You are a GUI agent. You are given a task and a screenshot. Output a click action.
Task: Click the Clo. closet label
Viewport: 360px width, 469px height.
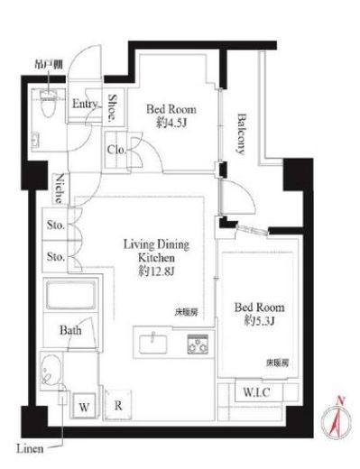click(x=115, y=151)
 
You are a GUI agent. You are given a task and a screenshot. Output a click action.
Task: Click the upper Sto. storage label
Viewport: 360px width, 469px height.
click(x=56, y=226)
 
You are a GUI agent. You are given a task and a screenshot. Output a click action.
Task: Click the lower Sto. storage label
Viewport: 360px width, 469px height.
click(x=56, y=257)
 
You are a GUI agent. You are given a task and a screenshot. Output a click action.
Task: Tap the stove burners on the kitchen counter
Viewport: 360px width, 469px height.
click(x=197, y=343)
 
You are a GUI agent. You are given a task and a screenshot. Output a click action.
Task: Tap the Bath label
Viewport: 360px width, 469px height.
click(x=72, y=331)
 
